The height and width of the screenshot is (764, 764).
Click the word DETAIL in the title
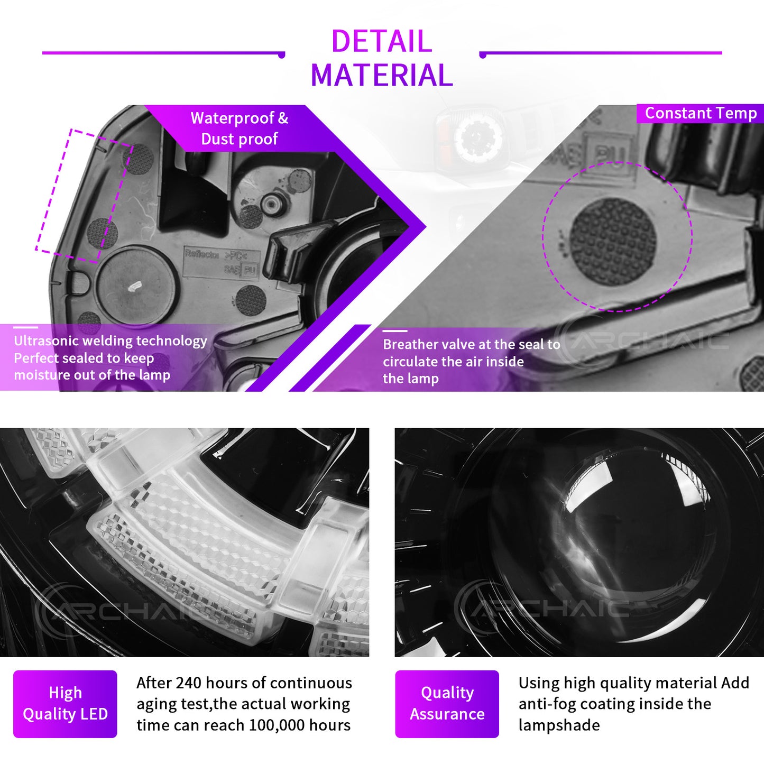click(381, 41)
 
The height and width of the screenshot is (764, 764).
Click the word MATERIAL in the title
click(381, 75)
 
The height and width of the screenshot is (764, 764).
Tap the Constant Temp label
click(701, 113)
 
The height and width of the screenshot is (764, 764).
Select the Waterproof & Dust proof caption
click(239, 128)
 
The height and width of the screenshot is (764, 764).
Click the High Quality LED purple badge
click(65, 704)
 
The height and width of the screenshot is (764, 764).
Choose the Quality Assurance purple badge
click(447, 704)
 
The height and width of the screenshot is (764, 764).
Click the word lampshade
click(559, 725)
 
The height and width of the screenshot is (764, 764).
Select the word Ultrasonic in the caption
click(44, 341)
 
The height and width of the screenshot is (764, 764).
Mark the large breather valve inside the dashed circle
click(613, 242)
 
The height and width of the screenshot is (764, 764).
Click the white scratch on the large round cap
click(135, 286)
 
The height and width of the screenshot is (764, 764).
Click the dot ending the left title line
click(282, 55)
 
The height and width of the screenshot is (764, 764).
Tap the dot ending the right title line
click(483, 55)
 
